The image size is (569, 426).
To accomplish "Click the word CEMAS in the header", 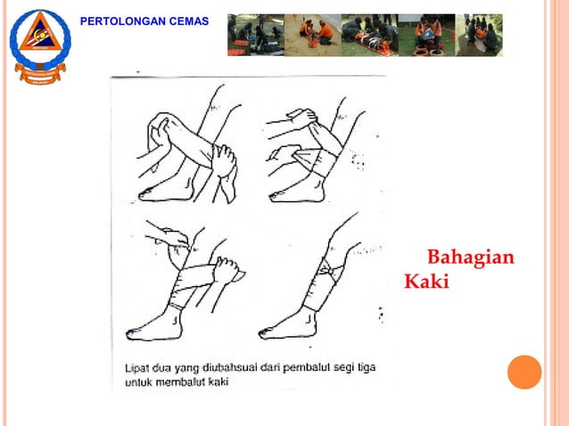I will pos(191,20).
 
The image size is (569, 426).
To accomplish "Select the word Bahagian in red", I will pos(471,258).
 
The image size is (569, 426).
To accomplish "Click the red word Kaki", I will pos(427,282).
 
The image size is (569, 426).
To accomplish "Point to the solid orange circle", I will pos(524,372).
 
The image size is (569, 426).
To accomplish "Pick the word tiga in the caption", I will pos(378,368).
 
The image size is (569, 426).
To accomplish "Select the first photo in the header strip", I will pos(255,35).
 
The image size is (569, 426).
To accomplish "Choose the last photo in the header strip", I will pos(479,35).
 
